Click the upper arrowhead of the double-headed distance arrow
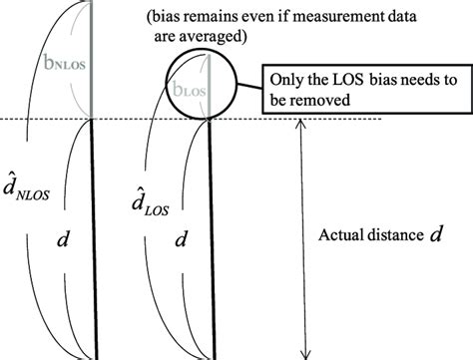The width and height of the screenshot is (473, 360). click(x=303, y=126)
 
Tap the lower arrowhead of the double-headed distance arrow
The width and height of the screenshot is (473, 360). click(x=303, y=350)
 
